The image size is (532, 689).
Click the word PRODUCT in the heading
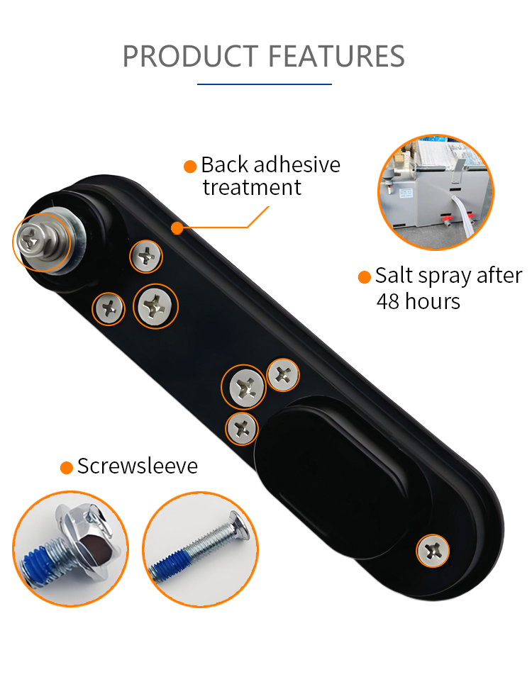point(190,56)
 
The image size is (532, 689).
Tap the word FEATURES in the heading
point(336,56)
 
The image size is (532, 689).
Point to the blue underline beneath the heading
point(265,84)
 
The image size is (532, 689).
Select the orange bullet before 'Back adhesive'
point(190,167)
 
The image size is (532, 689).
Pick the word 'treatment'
point(252,188)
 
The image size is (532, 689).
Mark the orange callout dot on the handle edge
point(177,228)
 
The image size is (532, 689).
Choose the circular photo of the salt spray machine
point(436,193)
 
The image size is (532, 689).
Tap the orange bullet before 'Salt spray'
point(365,277)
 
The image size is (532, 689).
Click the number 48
point(388,302)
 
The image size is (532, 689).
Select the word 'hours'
point(433,301)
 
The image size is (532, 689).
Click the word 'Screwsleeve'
point(138,466)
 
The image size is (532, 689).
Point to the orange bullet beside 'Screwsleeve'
point(67,468)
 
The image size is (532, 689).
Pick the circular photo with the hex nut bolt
point(70,549)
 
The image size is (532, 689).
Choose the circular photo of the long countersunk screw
point(201,549)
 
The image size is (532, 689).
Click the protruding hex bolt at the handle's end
point(43,242)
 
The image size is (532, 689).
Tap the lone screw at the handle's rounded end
point(433,551)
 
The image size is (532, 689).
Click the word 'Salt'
point(394,276)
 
